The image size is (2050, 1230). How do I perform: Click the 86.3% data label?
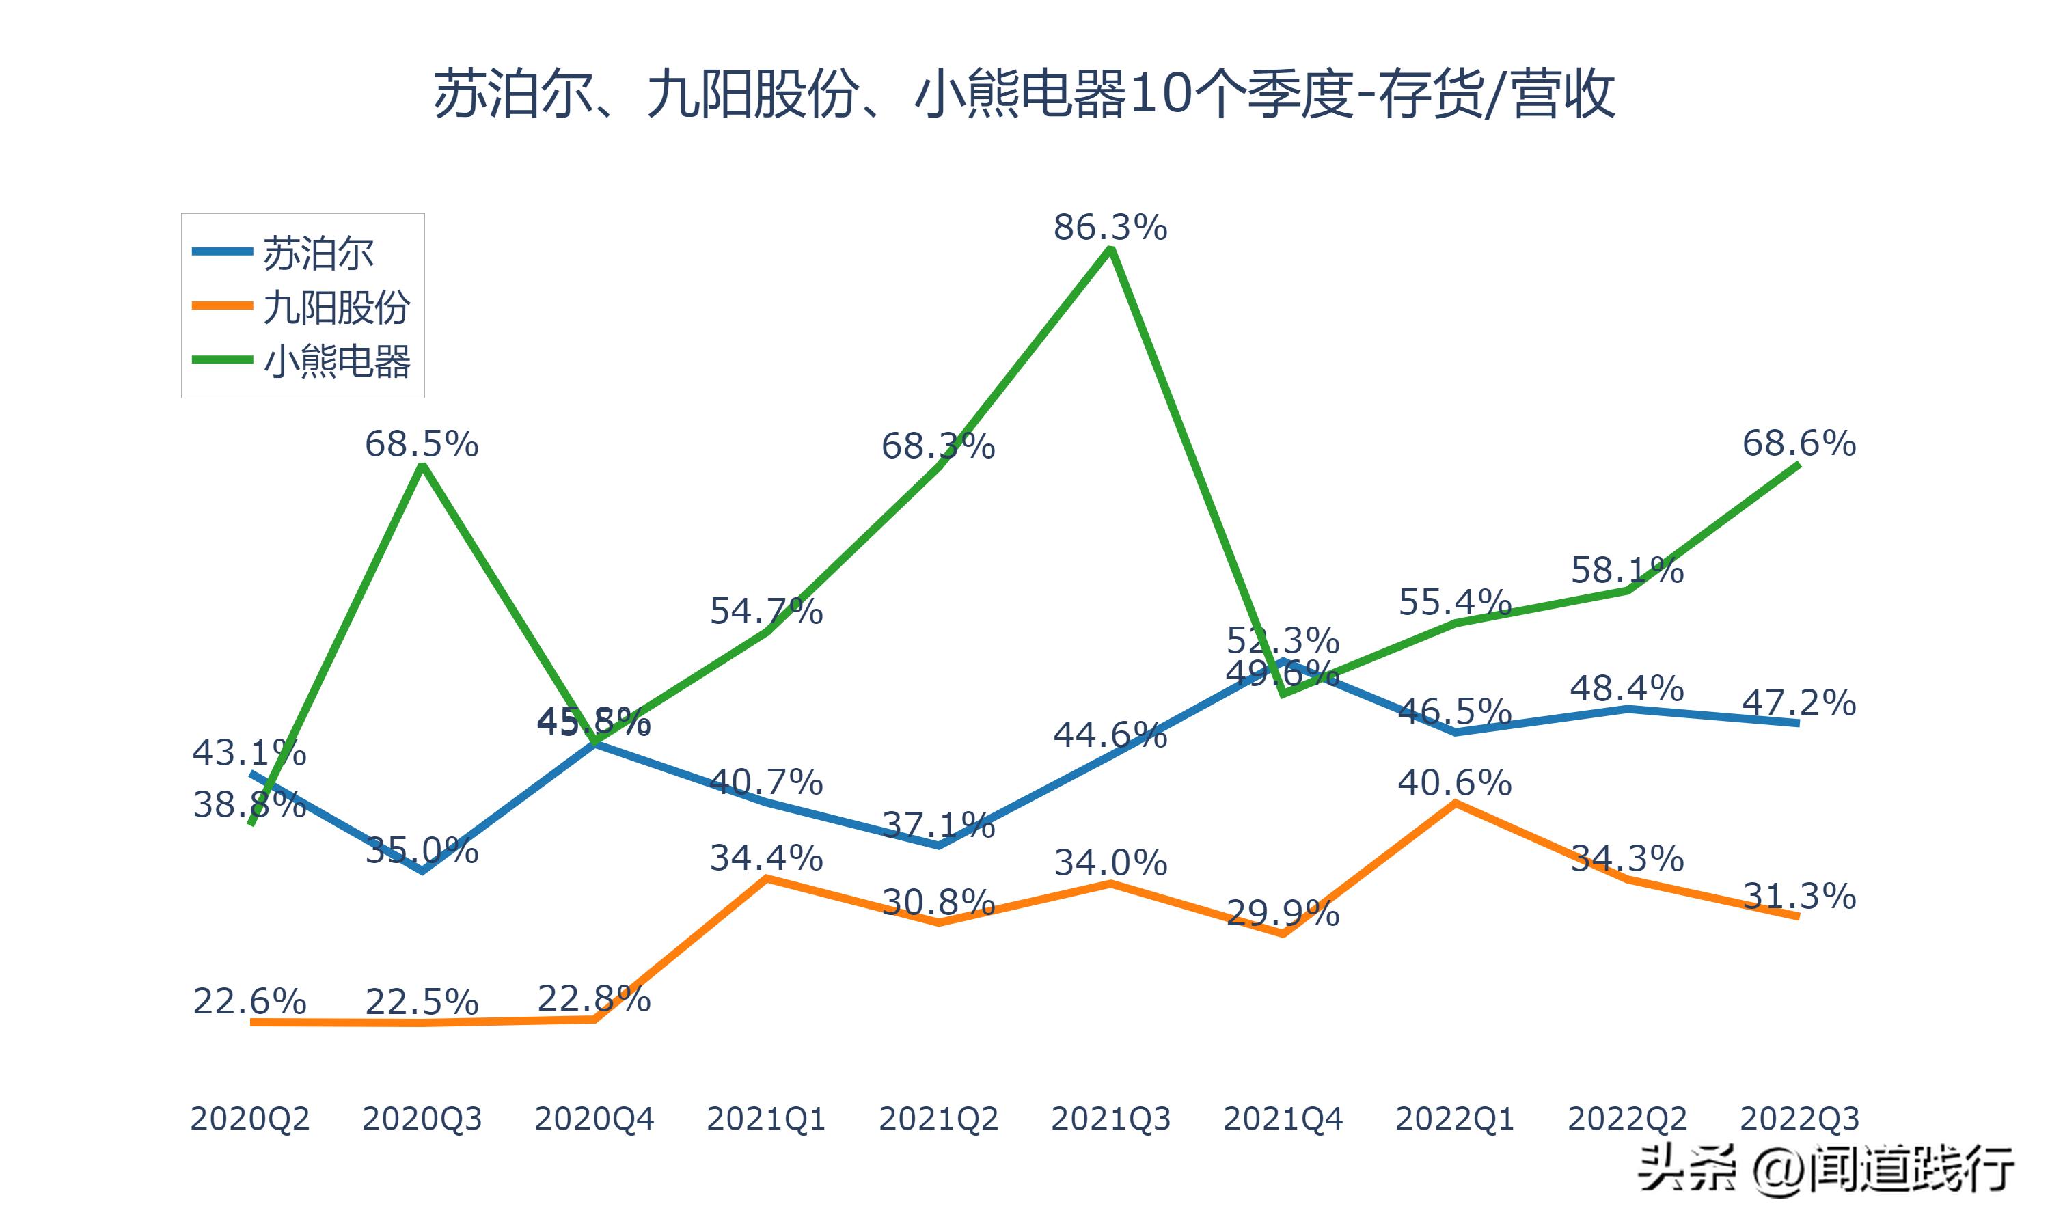tap(1110, 227)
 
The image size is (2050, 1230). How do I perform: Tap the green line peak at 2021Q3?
tap(1110, 249)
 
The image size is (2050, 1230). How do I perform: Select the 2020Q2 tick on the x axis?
tap(249, 1119)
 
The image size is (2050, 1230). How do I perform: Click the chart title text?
tap(1024, 94)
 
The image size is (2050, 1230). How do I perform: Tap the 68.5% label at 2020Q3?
tap(422, 444)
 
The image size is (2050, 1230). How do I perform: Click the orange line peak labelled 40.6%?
tap(1455, 802)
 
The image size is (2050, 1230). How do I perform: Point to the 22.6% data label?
tap(249, 1001)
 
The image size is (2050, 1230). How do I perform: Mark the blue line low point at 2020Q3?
tap(422, 871)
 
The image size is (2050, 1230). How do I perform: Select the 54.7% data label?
tap(765, 612)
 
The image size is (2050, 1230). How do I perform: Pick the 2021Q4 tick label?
tap(1283, 1119)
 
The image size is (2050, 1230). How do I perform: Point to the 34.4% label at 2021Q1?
tap(765, 858)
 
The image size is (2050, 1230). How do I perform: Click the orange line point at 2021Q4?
tap(1283, 934)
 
